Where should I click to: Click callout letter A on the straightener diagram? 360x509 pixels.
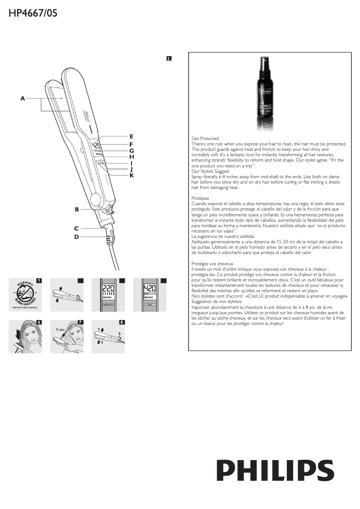pyautogui.click(x=22, y=98)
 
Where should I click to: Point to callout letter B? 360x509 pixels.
pyautogui.click(x=77, y=209)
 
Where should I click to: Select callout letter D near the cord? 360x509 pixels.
pyautogui.click(x=77, y=237)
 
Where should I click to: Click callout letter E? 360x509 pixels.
pyautogui.click(x=131, y=136)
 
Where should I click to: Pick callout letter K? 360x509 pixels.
pyautogui.click(x=132, y=176)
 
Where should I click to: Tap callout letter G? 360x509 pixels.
pyautogui.click(x=132, y=151)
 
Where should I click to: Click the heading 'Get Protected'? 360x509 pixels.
pyautogui.click(x=205, y=139)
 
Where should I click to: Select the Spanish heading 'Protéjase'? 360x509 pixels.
pyautogui.click(x=200, y=197)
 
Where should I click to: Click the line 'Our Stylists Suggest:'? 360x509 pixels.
pyautogui.click(x=211, y=171)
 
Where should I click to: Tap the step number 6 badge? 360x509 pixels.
pyautogui.click(x=39, y=322)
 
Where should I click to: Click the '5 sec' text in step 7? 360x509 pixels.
pyautogui.click(x=61, y=329)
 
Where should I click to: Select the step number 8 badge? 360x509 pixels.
pyautogui.click(x=122, y=322)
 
